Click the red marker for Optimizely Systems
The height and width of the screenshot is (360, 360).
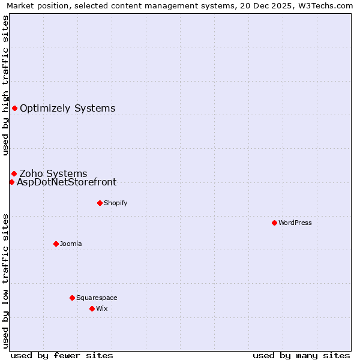[14, 109]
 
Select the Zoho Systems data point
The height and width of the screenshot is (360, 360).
[14, 174]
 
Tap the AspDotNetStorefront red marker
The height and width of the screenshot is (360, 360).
[11, 182]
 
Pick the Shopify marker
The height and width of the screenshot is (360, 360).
[100, 203]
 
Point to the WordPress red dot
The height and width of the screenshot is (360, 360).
[274, 223]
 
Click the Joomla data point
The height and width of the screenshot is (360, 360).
[56, 244]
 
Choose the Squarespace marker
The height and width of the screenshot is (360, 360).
[72, 298]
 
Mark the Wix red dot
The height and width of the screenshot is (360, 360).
[92, 308]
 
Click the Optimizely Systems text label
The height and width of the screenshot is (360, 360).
[67, 109]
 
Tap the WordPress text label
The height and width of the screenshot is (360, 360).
[295, 223]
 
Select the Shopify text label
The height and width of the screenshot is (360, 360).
[115, 203]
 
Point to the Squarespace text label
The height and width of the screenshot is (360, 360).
[97, 298]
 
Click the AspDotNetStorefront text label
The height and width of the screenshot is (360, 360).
[67, 182]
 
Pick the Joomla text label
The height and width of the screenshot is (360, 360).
[71, 244]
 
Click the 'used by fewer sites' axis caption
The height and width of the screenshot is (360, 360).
[62, 355]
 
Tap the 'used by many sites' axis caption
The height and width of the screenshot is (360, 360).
[301, 355]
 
